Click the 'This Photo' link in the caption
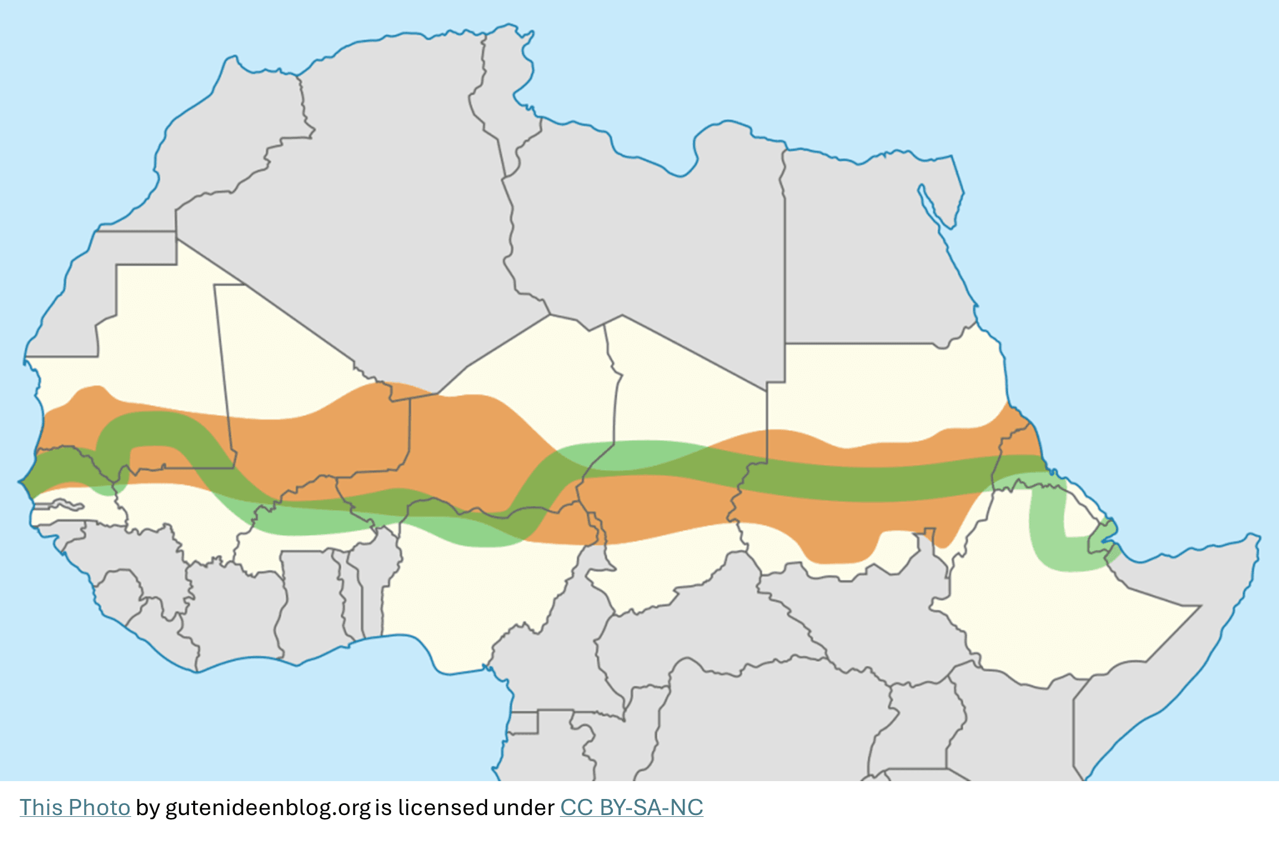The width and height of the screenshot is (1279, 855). pyautogui.click(x=75, y=808)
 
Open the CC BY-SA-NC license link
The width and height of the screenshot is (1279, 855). pyautogui.click(x=631, y=808)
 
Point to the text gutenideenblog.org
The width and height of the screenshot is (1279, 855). pyautogui.click(x=268, y=808)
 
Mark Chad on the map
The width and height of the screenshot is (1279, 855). pyautogui.click(x=686, y=447)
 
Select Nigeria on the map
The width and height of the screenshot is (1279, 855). pyautogui.click(x=477, y=584)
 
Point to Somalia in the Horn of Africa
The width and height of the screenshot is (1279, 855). pyautogui.click(x=1163, y=655)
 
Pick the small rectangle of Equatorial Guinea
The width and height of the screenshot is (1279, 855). pyautogui.click(x=524, y=723)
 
